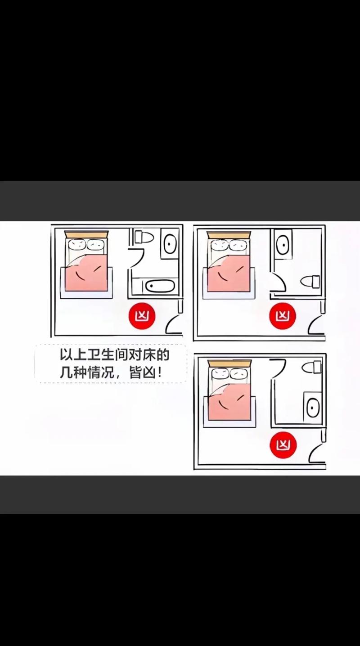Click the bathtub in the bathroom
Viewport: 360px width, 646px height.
pos(159,286)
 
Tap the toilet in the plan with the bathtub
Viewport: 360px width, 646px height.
pos(144,237)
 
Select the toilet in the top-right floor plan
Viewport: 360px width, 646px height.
pos(310,282)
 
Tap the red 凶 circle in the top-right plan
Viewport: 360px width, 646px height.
pos(283,316)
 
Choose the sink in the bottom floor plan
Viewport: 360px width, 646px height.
pos(313,408)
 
